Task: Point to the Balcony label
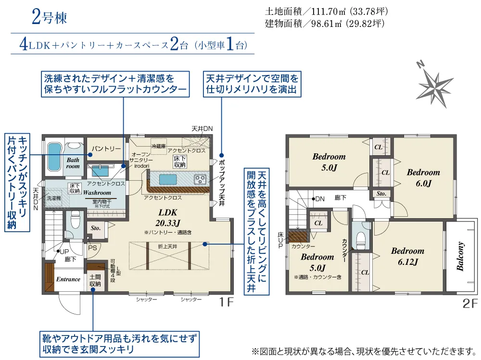460,256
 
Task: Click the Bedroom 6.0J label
423,177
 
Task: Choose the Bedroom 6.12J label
407,256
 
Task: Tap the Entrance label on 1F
68,279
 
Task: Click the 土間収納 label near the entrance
95,281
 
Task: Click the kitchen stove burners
201,179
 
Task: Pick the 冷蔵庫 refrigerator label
158,145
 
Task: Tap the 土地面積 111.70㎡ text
326,11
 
